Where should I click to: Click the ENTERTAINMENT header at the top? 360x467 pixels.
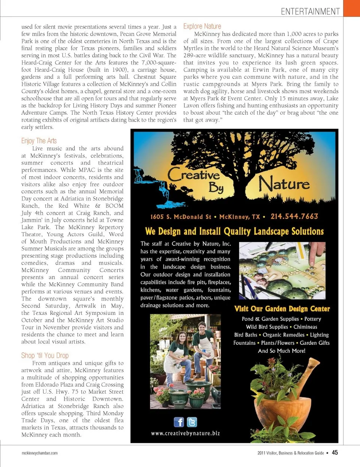tap(310, 12)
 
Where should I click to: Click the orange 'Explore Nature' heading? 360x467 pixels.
tap(202, 26)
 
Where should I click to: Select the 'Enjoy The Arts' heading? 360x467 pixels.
tap(39, 141)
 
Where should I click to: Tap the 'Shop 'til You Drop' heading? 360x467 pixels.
tap(45, 355)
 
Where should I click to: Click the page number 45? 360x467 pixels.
tap(334, 452)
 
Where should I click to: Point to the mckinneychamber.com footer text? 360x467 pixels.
tap(40, 453)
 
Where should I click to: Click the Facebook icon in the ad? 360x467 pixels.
tap(179, 422)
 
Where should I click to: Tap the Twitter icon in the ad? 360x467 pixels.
tap(192, 422)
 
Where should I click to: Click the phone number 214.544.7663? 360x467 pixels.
tap(294, 216)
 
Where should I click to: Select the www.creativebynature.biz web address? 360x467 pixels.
tap(186, 433)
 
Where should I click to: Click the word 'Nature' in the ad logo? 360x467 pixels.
tap(284, 184)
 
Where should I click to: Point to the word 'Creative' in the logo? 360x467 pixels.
tap(194, 175)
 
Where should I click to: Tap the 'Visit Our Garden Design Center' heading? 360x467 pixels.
tap(282, 309)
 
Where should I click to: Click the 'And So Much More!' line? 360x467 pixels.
tap(282, 351)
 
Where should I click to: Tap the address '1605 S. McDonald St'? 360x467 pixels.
tap(181, 217)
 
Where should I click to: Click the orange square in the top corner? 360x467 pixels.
tap(351, 8)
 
